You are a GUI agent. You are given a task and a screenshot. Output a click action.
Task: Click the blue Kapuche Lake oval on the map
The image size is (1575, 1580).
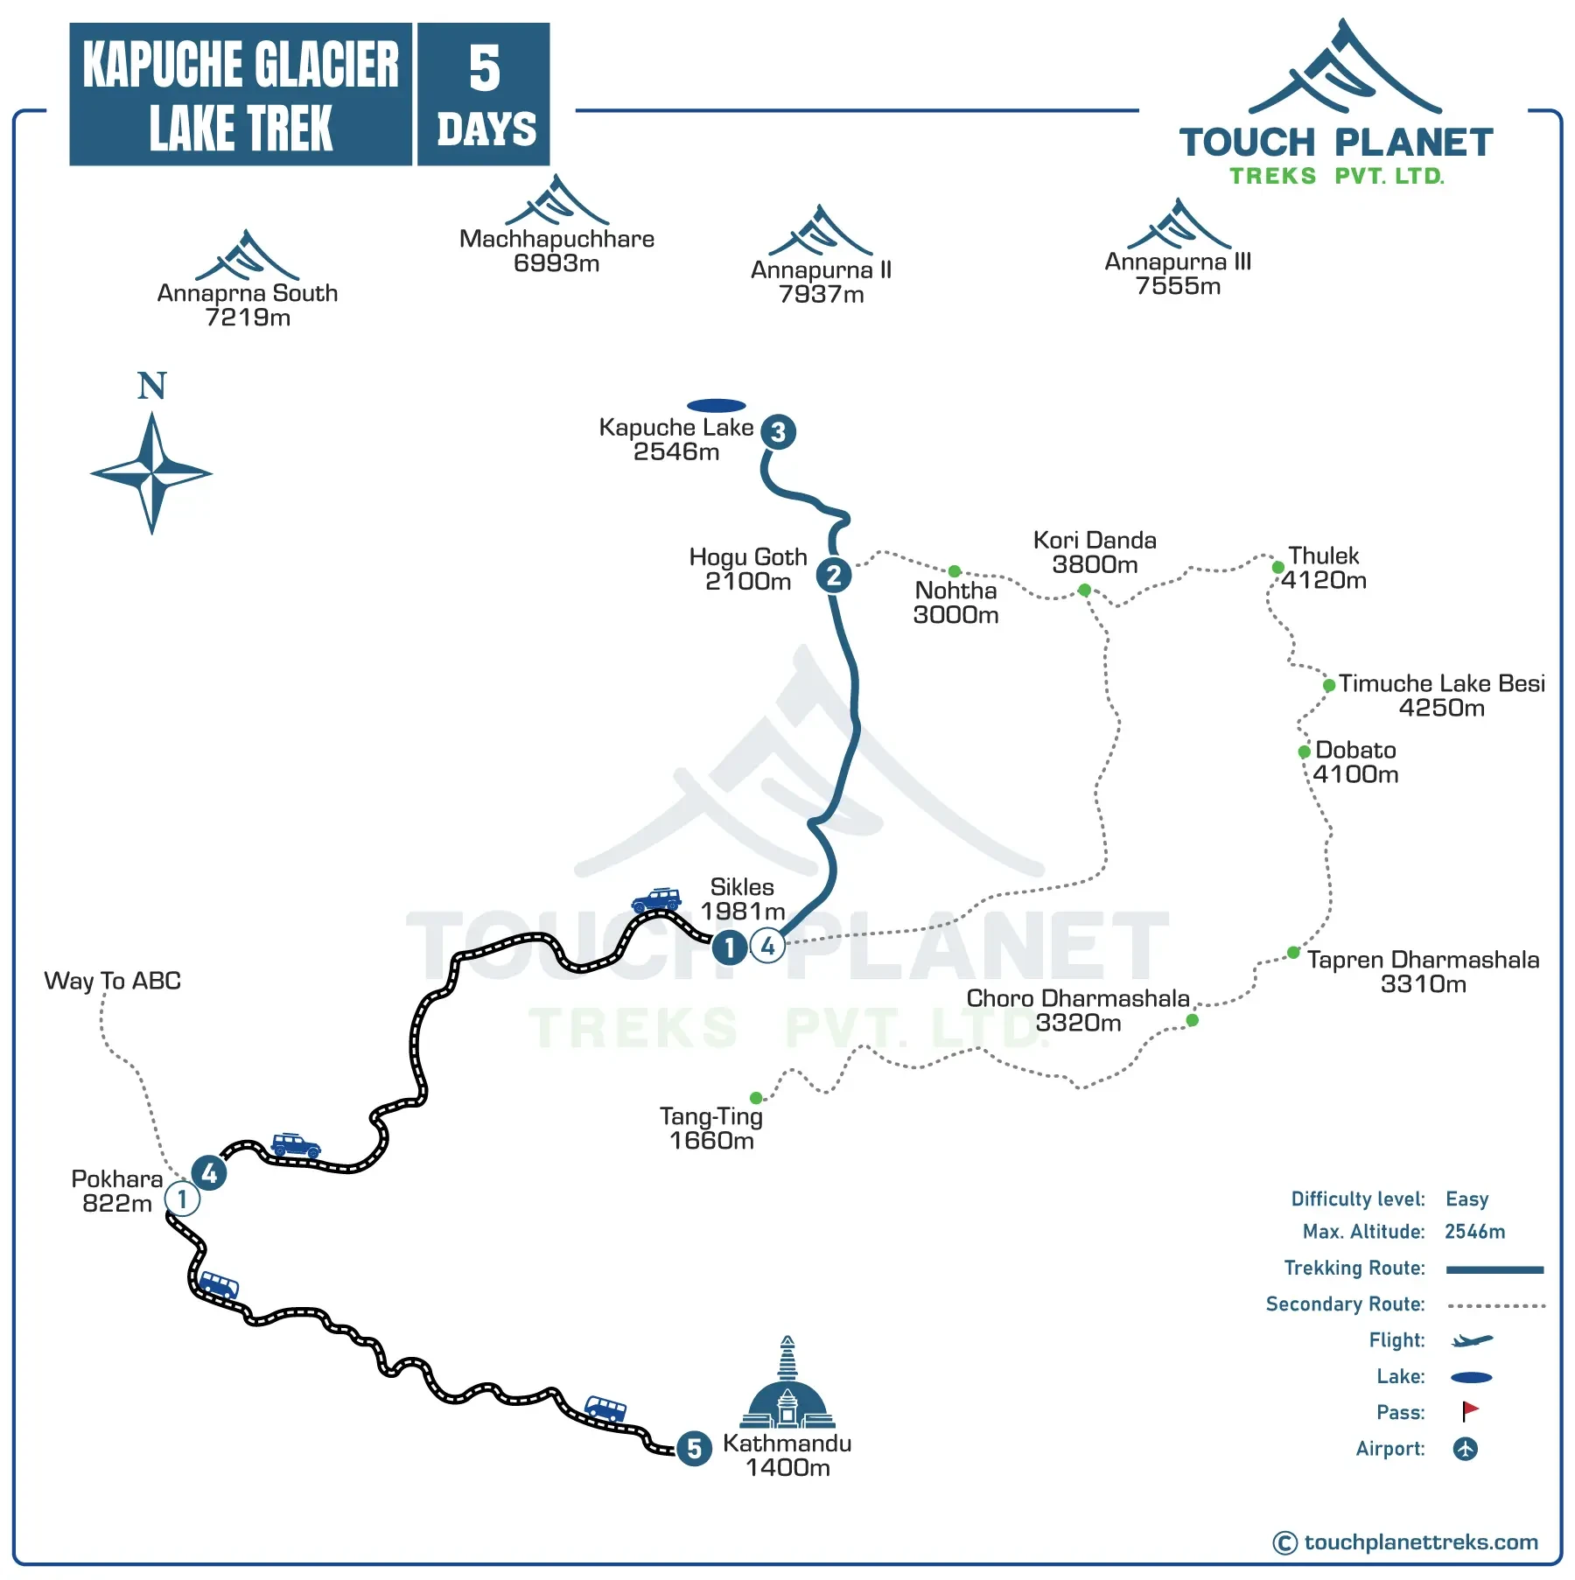point(716,405)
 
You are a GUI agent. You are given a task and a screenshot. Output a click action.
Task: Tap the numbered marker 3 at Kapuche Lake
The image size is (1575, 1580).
point(778,431)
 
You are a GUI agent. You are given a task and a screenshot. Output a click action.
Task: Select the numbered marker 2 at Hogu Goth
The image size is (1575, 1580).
point(834,575)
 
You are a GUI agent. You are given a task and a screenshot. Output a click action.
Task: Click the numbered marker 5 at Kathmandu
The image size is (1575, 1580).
point(694,1448)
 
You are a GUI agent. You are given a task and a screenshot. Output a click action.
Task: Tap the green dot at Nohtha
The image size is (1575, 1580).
point(955,571)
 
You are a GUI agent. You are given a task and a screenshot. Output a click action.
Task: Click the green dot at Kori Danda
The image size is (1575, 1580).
point(1084,590)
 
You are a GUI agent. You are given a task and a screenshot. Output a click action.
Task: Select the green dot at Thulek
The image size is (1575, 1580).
point(1277,568)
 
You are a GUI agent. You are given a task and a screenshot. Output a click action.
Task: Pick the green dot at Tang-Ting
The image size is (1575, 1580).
point(756,1098)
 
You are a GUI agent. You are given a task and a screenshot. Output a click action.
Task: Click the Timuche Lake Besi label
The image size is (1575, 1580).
point(1441,695)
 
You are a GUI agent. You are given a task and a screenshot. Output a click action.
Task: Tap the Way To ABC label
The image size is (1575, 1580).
point(113,981)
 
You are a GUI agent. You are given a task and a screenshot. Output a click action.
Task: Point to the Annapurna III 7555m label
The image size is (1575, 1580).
point(1178,273)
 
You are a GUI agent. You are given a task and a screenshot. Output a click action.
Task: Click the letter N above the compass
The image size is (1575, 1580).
point(151,386)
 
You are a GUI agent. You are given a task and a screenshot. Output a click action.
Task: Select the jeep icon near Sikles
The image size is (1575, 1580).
point(656,899)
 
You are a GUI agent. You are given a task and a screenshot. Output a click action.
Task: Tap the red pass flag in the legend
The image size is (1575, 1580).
point(1470,1411)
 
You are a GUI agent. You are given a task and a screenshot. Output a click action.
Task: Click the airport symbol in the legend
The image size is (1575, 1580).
point(1466,1449)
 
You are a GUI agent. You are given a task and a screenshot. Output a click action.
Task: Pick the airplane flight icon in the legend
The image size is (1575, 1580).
point(1472,1340)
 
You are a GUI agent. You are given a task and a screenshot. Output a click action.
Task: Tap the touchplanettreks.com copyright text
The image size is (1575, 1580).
point(1406,1542)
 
